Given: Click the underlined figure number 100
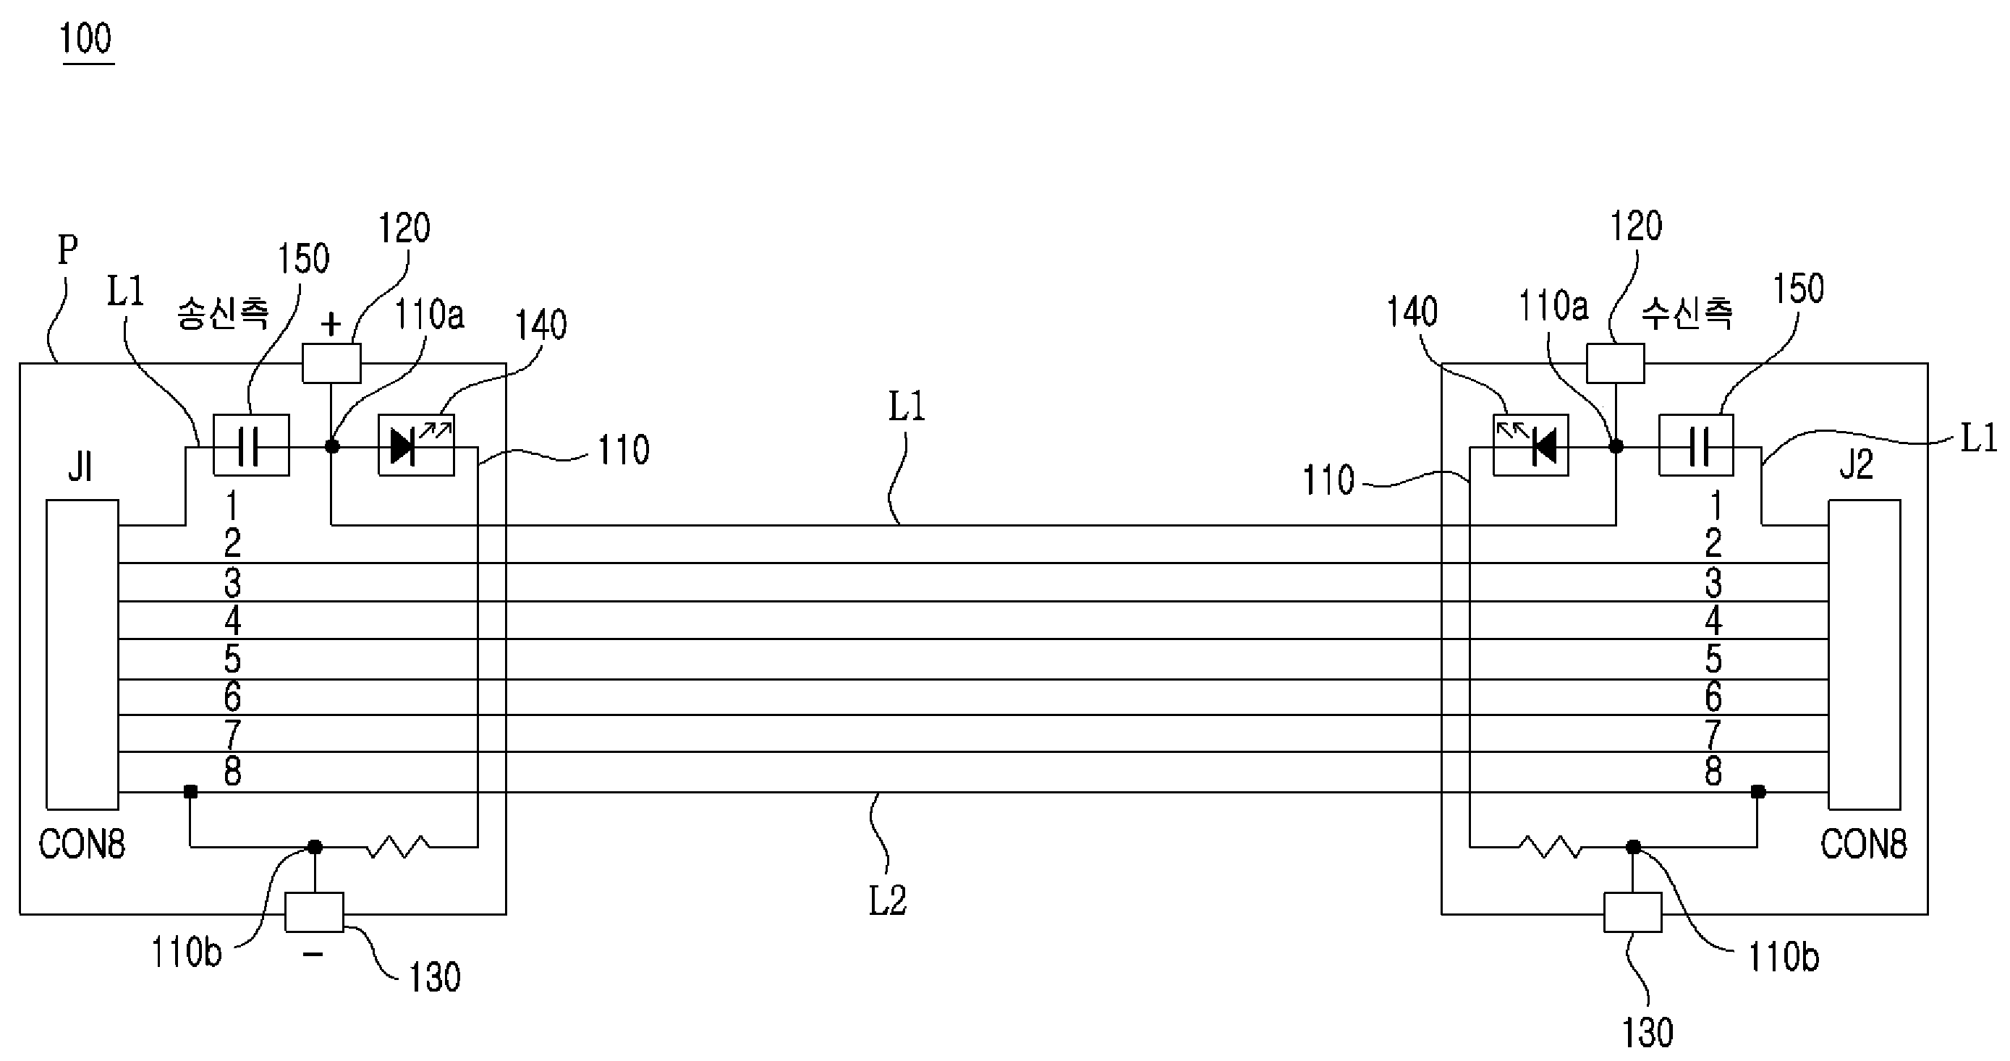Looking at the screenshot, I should pyautogui.click(x=87, y=39).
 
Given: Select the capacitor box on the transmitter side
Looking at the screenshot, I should pyautogui.click(x=251, y=446).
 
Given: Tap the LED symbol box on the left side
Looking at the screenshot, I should pyautogui.click(x=416, y=446).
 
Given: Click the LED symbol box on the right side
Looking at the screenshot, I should pyautogui.click(x=1530, y=446).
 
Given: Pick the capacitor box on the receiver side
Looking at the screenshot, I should pyautogui.click(x=1695, y=446).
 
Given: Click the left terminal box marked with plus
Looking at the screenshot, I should pyautogui.click(x=331, y=364).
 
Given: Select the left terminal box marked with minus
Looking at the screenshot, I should pyautogui.click(x=314, y=912).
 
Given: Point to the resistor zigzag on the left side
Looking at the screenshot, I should pyautogui.click(x=398, y=846).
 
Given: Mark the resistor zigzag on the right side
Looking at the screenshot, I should pyautogui.click(x=1551, y=846).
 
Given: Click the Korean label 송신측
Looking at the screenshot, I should pyautogui.click(x=223, y=315).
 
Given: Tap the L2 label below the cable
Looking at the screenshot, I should pyautogui.click(x=888, y=901).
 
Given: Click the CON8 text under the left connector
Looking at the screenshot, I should pyautogui.click(x=82, y=845).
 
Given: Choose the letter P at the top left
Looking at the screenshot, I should pyautogui.click(x=68, y=250).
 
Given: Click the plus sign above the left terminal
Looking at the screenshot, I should pyautogui.click(x=331, y=324).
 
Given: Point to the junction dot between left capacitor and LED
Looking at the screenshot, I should pyautogui.click(x=331, y=446).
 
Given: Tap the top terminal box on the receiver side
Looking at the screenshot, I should pyautogui.click(x=1616, y=364).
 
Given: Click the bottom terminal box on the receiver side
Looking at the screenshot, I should pyautogui.click(x=1632, y=912).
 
